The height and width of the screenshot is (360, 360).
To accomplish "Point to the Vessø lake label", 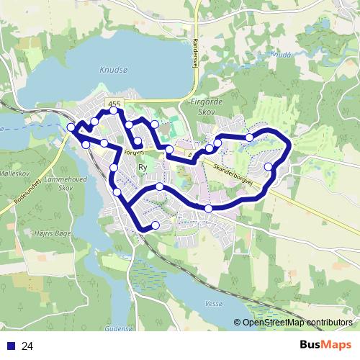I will (x=214, y=304).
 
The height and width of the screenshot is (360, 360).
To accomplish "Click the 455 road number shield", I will (x=114, y=104).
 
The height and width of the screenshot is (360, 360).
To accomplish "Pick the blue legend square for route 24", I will (x=11, y=346).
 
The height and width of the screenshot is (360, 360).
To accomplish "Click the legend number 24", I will (x=27, y=346).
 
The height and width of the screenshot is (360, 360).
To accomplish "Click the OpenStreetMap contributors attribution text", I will (x=295, y=323).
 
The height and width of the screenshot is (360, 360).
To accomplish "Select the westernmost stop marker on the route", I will (x=71, y=128).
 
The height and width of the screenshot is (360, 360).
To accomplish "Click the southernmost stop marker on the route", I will (x=155, y=226).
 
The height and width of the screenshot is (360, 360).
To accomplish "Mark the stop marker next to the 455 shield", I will (x=114, y=112).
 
